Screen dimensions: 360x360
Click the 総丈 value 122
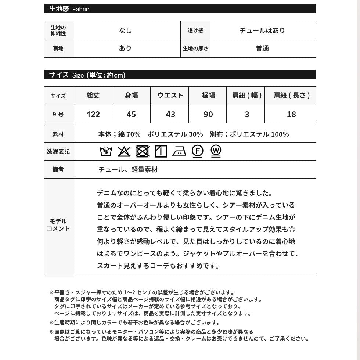93,114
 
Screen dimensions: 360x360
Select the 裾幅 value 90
208,114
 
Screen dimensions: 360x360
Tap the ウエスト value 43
170,114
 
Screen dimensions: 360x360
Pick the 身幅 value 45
131,114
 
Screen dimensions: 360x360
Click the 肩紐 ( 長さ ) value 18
291,114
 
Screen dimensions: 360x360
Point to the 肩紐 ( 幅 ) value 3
247,114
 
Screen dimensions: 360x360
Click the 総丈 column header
93,96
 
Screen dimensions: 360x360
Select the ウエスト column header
170,96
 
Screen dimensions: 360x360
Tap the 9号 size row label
58,114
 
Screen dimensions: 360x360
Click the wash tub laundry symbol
106,151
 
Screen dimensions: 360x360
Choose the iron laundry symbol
179,151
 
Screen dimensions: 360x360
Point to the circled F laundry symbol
197,151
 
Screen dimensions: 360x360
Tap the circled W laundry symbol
216,151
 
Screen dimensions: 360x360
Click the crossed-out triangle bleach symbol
124,151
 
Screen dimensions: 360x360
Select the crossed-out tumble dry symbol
142,151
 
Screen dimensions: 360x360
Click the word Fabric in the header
80,9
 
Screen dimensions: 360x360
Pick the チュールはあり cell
262,30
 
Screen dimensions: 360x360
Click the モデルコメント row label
59,225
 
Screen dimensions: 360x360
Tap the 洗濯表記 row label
58,151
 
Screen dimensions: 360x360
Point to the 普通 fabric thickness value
262,48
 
